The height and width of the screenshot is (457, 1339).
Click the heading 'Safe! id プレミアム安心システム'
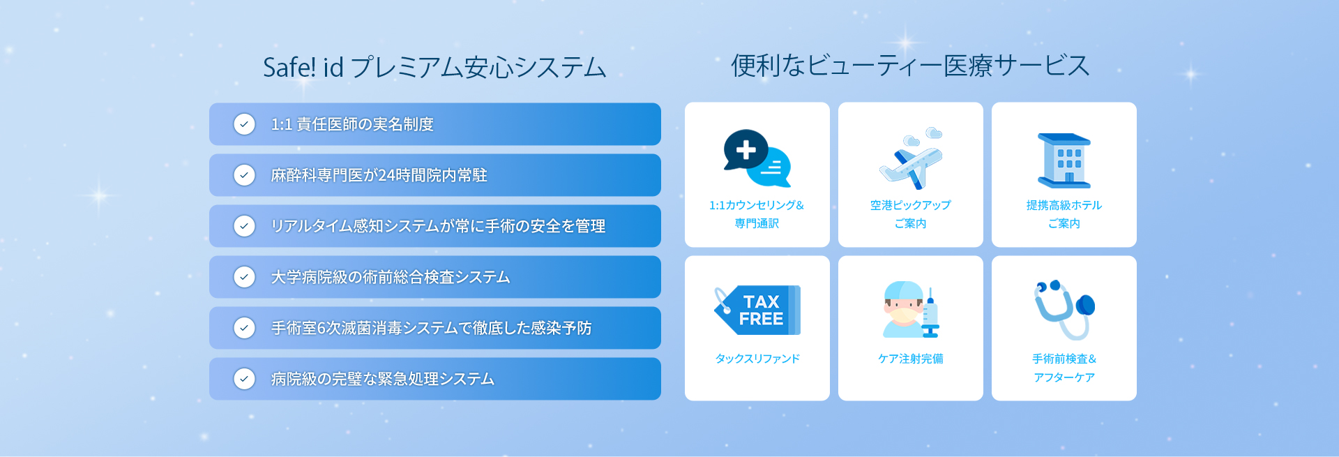pos(434,68)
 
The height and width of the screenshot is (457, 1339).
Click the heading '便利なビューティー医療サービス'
pos(910,66)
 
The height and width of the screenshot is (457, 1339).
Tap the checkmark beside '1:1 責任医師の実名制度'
pos(244,124)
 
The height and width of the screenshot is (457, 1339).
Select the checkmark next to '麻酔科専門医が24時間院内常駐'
pos(244,175)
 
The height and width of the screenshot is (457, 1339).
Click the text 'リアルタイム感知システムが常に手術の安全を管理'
pos(438,226)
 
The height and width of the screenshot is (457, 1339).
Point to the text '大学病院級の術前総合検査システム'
pos(391,277)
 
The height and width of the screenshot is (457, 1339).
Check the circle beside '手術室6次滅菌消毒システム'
pos(244,328)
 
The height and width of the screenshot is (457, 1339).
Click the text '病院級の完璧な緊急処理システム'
pos(383,379)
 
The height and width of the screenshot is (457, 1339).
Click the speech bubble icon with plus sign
pos(757,158)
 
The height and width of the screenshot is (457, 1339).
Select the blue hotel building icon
pos(1064,160)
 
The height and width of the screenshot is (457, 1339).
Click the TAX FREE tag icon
pos(757,310)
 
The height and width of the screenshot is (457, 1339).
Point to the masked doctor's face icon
pos(903,310)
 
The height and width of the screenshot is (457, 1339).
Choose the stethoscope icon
pos(1064,309)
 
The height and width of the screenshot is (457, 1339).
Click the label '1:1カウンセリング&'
pos(757,205)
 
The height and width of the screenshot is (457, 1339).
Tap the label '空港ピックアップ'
pos(911,205)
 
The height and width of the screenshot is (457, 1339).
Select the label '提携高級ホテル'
pos(1064,205)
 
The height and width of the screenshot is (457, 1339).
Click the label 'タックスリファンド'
pos(757,359)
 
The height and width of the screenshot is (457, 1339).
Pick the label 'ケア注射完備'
pos(911,359)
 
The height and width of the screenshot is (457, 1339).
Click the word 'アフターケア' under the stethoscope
pos(1064,377)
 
